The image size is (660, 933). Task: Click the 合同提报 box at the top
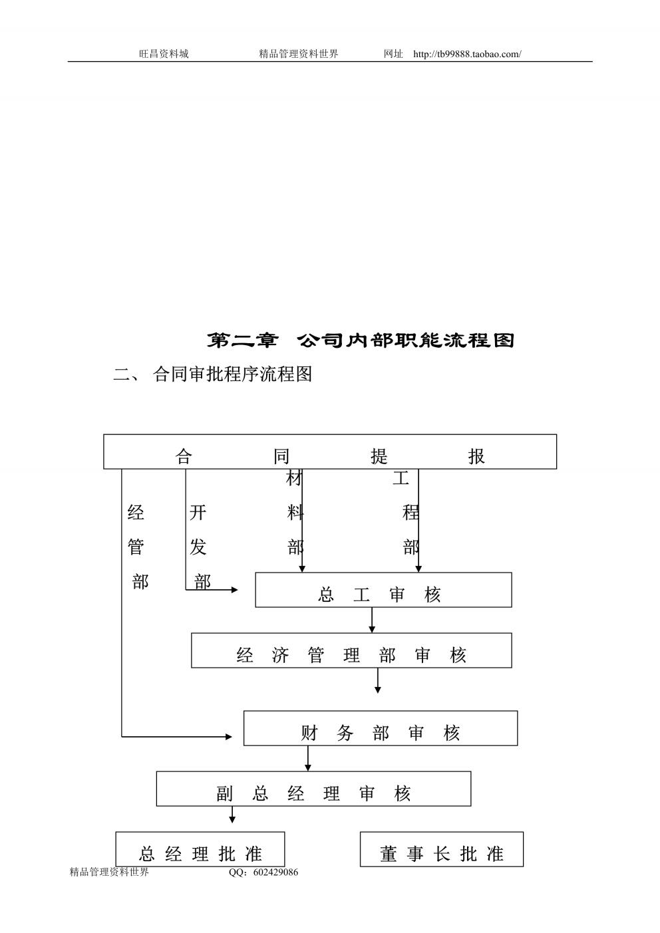coord(329,452)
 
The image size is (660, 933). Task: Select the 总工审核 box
coord(383,590)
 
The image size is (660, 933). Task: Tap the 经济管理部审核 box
coord(351,650)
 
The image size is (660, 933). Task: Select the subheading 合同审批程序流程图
coord(232,374)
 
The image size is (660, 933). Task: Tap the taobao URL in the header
coord(467,54)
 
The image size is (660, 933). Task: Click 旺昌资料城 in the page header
coord(164,54)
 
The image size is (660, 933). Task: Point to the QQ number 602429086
coord(275,872)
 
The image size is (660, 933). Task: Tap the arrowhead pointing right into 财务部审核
coord(229,736)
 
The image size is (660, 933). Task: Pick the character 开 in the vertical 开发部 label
coord(198,512)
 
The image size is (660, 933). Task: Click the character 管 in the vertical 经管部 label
coord(136,547)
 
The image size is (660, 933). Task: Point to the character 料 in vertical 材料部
coord(295,512)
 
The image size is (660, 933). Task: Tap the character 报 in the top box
coord(476,456)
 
